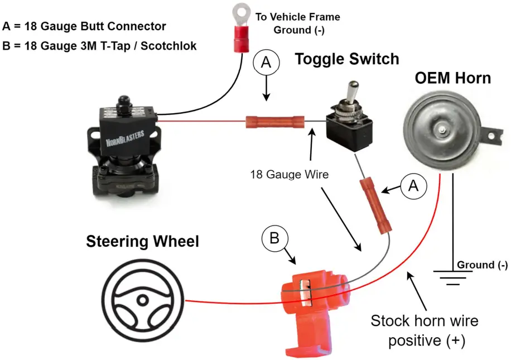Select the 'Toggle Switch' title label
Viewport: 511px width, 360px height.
click(x=346, y=59)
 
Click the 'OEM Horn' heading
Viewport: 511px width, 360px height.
click(x=452, y=78)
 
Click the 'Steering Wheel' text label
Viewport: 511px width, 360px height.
click(x=142, y=242)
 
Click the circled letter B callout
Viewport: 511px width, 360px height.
click(x=274, y=239)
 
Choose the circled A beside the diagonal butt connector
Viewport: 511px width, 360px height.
click(x=413, y=186)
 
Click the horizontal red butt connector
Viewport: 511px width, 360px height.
click(x=275, y=121)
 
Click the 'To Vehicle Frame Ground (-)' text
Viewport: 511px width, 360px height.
click(x=298, y=23)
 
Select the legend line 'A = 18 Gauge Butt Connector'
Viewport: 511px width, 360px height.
click(x=84, y=26)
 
